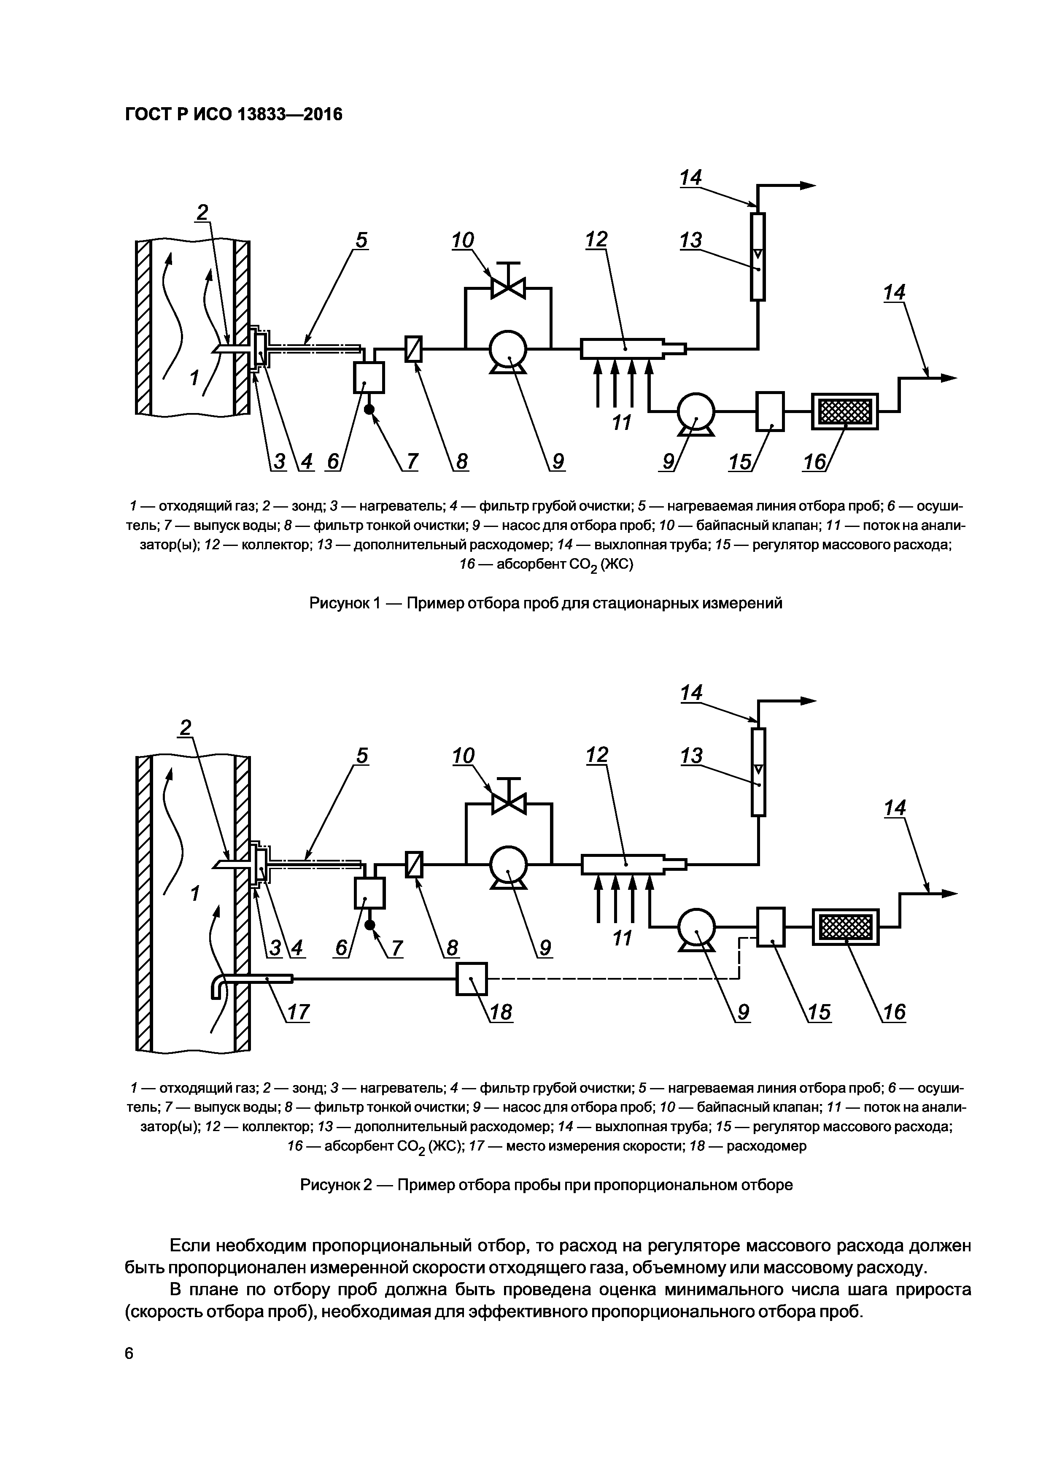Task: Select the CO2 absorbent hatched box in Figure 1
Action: [845, 411]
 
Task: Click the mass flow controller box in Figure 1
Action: [769, 411]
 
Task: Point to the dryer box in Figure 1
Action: [369, 378]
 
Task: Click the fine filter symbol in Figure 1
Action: [413, 349]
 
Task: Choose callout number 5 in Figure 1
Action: [361, 240]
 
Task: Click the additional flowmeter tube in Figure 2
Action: [758, 772]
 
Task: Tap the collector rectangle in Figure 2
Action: [623, 864]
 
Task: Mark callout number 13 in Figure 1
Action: [690, 240]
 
